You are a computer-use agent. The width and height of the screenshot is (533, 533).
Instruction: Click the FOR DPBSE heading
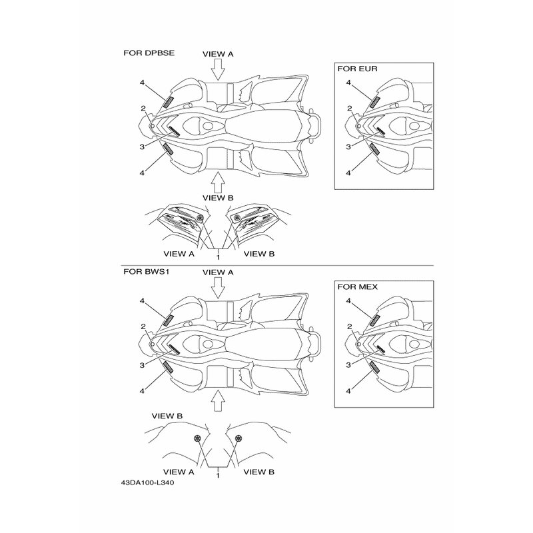149,53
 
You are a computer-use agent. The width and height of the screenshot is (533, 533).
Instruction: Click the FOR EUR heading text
357,69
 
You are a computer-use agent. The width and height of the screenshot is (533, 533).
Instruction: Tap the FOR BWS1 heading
146,272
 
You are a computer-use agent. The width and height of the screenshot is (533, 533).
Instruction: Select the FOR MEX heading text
357,287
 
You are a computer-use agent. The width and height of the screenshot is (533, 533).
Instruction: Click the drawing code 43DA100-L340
147,482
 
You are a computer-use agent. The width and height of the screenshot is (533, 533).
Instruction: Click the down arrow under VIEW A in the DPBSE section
218,70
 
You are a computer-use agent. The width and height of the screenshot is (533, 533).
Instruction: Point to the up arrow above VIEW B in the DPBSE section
218,183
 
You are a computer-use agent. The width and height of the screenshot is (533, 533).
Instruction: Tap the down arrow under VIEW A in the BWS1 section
218,288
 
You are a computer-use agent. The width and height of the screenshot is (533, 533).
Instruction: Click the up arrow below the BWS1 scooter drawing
218,401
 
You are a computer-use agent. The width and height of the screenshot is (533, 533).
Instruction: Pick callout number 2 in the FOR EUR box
349,109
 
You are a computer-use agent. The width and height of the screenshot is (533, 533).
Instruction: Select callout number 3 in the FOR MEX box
348,365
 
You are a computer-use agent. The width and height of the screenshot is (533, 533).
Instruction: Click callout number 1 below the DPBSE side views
218,257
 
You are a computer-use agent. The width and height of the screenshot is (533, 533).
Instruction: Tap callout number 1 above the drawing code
218,476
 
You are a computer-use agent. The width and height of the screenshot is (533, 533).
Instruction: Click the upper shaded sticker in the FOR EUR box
374,102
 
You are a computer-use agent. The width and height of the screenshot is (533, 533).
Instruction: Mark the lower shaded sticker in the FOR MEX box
374,367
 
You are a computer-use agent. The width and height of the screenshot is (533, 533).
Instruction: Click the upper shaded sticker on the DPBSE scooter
169,102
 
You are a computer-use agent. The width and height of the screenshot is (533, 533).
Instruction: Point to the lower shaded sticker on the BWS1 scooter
169,367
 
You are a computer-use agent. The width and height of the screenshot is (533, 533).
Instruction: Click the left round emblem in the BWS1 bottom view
197,438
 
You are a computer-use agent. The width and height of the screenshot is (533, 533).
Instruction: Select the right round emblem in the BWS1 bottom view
239,438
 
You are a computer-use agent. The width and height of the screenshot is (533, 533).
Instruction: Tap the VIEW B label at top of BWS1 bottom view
167,416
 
